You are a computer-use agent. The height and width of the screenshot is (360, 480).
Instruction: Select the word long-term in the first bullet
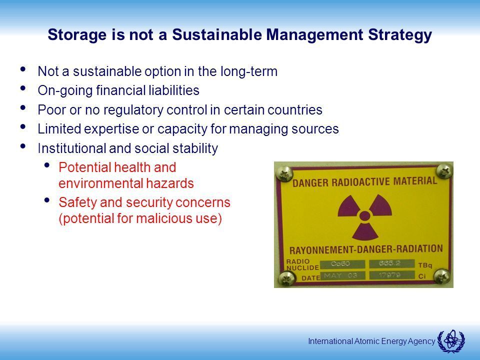coord(249,71)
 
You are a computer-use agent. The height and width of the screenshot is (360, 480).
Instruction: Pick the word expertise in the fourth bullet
coord(111,129)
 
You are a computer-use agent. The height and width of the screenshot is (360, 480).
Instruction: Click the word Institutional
coord(71,148)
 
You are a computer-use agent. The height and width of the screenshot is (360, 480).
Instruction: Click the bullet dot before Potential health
coord(47,165)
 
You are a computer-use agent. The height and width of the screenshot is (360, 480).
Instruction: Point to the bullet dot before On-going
coord(22,88)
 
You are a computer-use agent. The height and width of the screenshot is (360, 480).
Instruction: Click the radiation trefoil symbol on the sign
coord(364,216)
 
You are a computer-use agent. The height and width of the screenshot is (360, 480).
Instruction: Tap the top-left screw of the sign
coord(284,173)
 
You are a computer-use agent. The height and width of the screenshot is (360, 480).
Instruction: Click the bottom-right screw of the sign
coord(441,276)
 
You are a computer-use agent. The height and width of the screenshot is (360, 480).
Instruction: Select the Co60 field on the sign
coord(342,264)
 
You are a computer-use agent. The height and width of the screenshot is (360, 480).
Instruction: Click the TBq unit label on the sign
coord(425,265)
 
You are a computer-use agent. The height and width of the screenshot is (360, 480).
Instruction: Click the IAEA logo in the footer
coord(451,341)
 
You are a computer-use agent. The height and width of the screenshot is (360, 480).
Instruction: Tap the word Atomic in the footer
coord(365,341)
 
